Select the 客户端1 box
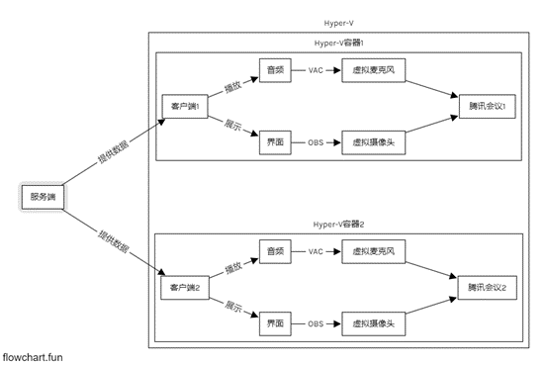click(x=184, y=106)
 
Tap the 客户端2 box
click(x=184, y=287)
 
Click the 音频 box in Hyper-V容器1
click(x=277, y=70)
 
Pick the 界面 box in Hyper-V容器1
click(x=277, y=141)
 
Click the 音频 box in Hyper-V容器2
click(x=277, y=251)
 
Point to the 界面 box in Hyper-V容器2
click(x=277, y=322)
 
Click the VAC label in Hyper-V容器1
click(x=316, y=70)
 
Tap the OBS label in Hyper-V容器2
click(x=316, y=322)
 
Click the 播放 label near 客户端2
click(x=232, y=268)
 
